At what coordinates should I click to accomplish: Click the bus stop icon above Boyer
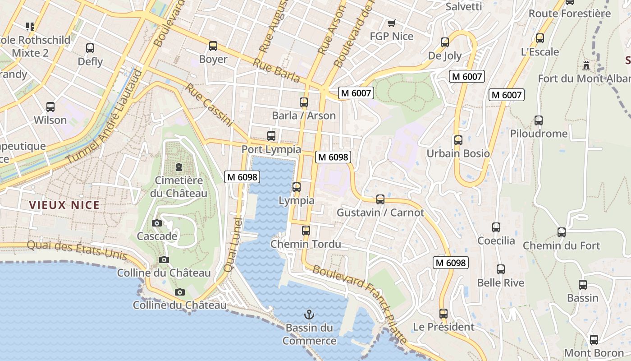click(x=213, y=46)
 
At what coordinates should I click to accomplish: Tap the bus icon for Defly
click(x=90, y=48)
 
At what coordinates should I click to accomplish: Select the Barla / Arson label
click(x=304, y=116)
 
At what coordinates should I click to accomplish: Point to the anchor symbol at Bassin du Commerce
click(x=309, y=315)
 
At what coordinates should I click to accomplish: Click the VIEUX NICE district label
click(x=64, y=205)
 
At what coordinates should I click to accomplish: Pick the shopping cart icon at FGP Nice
click(x=391, y=23)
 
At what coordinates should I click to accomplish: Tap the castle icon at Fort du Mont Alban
click(x=586, y=65)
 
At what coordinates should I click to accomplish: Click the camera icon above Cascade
click(x=157, y=223)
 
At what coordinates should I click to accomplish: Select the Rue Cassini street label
click(x=209, y=105)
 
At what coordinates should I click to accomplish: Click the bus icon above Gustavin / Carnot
click(x=380, y=199)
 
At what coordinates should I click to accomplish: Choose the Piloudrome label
click(x=539, y=134)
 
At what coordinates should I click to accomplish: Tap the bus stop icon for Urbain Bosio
click(x=458, y=140)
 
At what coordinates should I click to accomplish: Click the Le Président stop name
click(x=444, y=327)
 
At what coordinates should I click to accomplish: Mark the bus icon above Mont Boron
click(x=594, y=340)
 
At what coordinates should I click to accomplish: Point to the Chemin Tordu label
click(x=306, y=244)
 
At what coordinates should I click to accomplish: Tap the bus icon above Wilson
click(x=50, y=107)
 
